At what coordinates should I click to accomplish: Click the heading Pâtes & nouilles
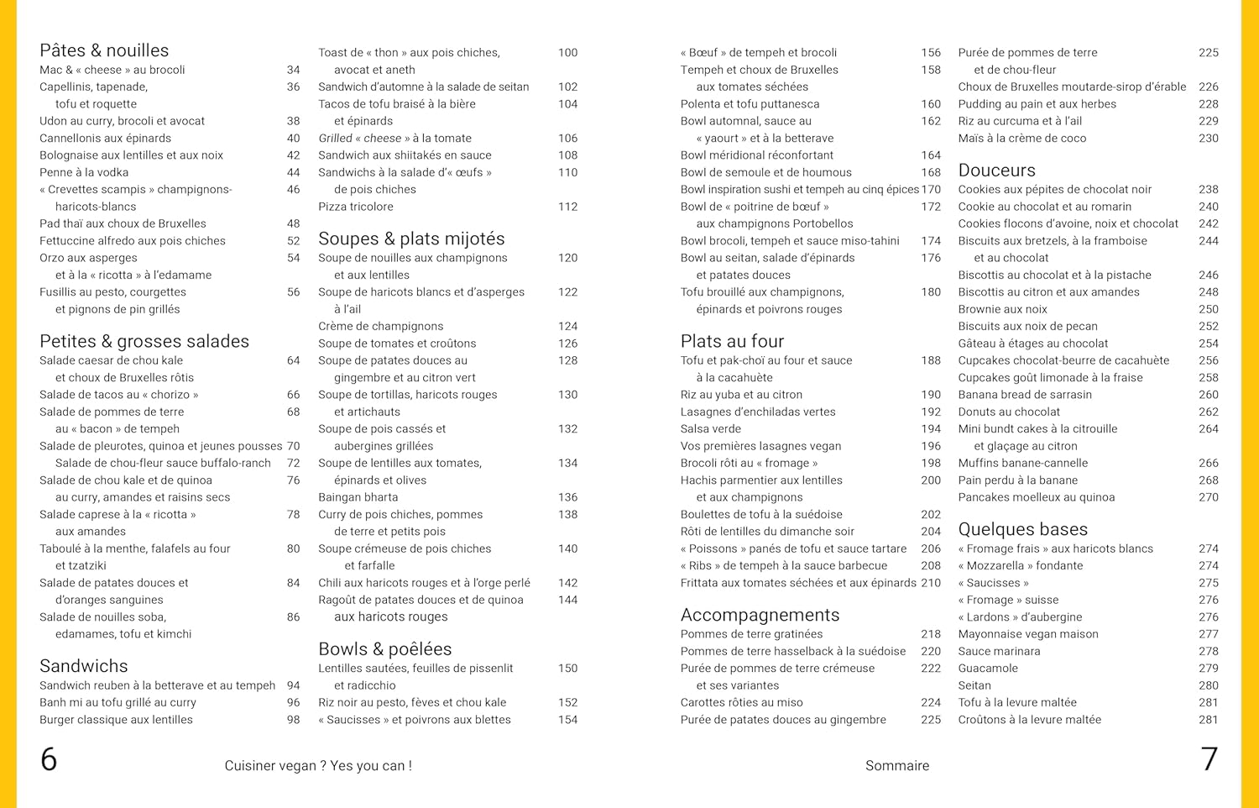[104, 50]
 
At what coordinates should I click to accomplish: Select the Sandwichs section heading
[84, 666]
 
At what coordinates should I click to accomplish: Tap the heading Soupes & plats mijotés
[411, 239]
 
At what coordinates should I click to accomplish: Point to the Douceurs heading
[996, 171]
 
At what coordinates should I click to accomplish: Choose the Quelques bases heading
[1022, 529]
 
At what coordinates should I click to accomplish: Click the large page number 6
[49, 759]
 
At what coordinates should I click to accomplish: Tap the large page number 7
[1209, 759]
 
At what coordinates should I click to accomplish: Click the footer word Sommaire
[897, 766]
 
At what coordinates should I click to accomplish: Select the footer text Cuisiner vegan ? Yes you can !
[318, 766]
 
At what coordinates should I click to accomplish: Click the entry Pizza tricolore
[356, 207]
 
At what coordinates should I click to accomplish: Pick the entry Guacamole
[988, 669]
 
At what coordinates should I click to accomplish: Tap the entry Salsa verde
[711, 429]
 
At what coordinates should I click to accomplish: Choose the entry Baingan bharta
[358, 497]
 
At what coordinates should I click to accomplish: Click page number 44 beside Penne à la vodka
[293, 172]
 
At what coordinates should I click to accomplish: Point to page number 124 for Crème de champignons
[567, 327]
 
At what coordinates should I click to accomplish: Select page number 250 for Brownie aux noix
[1208, 309]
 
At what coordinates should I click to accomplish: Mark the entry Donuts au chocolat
[1009, 412]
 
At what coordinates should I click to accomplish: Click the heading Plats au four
[732, 341]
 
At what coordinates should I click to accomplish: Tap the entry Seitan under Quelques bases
[974, 685]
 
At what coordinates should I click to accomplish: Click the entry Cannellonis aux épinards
[105, 139]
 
